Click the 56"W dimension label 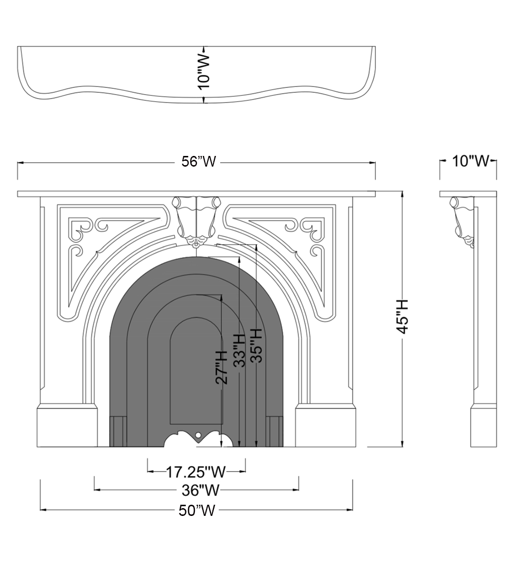click(x=199, y=162)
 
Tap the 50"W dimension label click(x=197, y=510)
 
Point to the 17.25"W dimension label click(x=195, y=472)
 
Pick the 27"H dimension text click(x=221, y=367)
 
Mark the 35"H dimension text click(x=257, y=346)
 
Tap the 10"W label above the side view click(x=471, y=161)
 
